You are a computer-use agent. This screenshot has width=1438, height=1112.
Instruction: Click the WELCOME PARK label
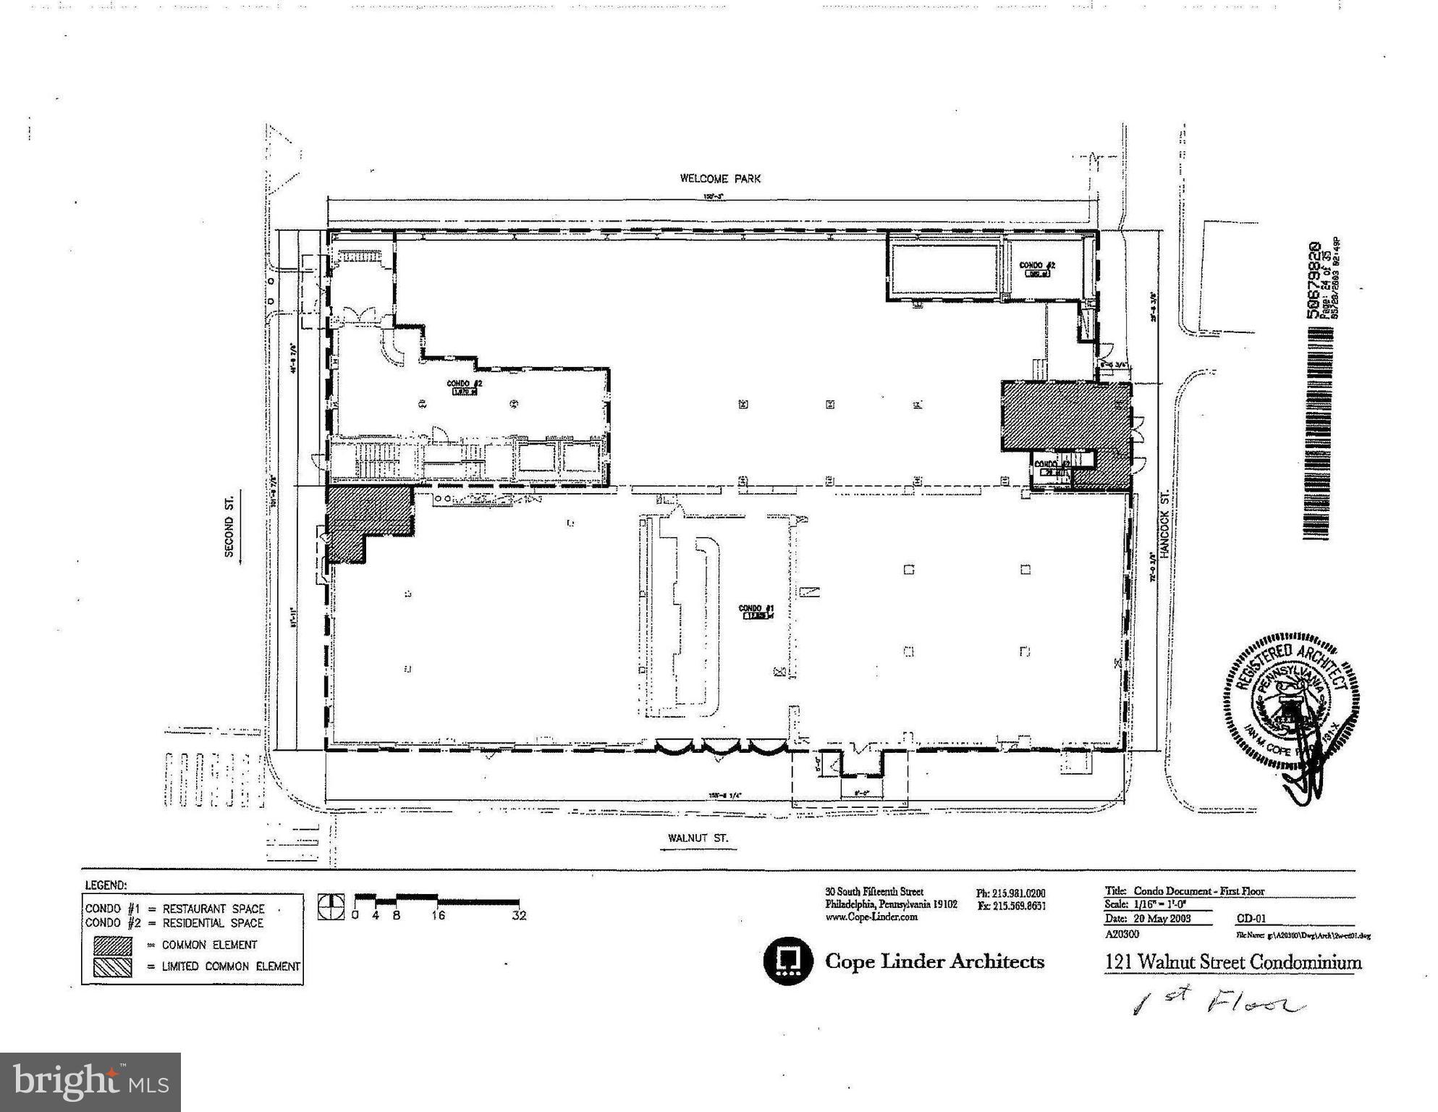pyautogui.click(x=719, y=178)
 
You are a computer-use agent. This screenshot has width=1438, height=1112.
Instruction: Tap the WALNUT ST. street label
pyautogui.click(x=698, y=838)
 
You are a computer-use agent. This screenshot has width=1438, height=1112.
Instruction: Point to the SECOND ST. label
pyautogui.click(x=229, y=526)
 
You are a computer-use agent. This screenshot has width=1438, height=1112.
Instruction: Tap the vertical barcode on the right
pyautogui.click(x=1318, y=433)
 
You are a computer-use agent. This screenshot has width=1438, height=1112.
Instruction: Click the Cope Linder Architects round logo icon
pyautogui.click(x=788, y=961)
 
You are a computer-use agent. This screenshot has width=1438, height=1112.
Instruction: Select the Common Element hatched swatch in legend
pyautogui.click(x=112, y=945)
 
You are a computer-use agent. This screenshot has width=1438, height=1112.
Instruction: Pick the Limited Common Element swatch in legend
pyautogui.click(x=112, y=966)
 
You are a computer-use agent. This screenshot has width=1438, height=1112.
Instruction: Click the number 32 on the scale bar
pyautogui.click(x=518, y=916)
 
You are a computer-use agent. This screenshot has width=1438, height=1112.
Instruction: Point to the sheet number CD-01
pyautogui.click(x=1251, y=919)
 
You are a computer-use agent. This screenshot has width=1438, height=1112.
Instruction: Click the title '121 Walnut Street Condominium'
pyautogui.click(x=1232, y=962)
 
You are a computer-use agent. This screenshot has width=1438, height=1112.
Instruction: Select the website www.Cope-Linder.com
pyautogui.click(x=871, y=917)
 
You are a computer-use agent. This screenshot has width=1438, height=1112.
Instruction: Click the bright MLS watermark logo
pyautogui.click(x=90, y=1082)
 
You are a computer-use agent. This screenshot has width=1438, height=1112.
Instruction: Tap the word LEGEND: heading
pyautogui.click(x=106, y=885)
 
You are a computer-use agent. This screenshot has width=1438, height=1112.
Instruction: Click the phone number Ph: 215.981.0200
pyautogui.click(x=1011, y=893)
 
